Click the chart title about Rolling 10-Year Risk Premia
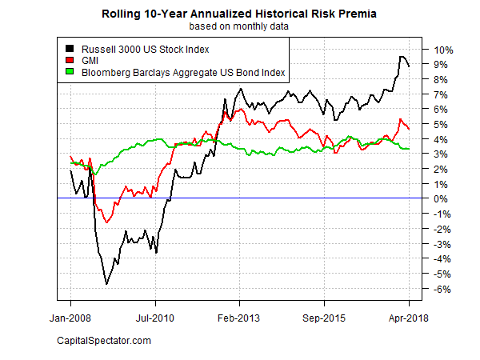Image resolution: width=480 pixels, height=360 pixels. [x=240, y=14]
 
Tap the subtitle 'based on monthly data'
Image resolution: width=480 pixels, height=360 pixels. [x=240, y=26]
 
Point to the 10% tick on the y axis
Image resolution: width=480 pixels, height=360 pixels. [x=443, y=50]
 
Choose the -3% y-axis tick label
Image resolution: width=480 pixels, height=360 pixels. [x=442, y=244]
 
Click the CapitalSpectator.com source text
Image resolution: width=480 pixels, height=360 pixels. [x=104, y=342]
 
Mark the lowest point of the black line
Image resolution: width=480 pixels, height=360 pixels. [x=106, y=284]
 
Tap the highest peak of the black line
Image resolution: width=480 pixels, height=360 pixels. [x=401, y=56]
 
